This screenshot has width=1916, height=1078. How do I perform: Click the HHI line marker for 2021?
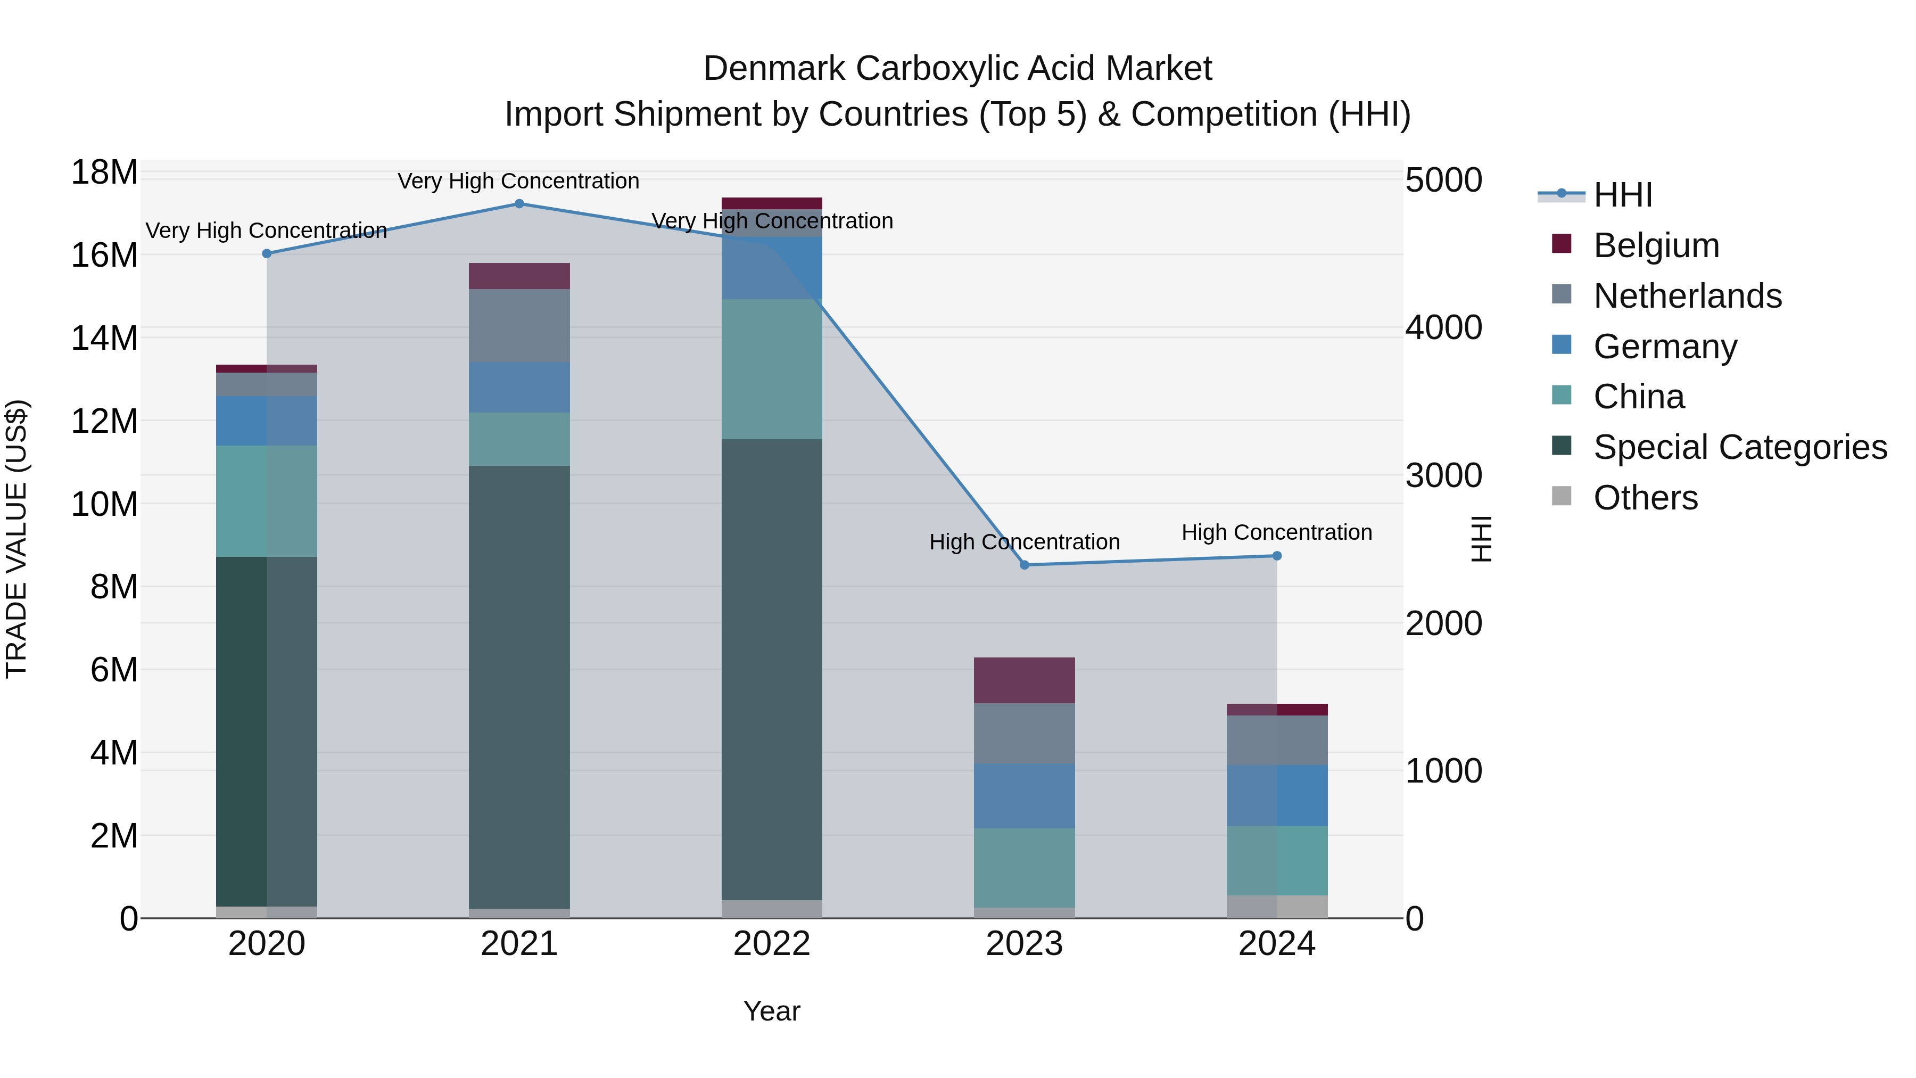[519, 204]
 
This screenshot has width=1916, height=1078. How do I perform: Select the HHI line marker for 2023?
[1024, 565]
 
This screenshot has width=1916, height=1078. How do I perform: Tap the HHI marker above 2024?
[1277, 556]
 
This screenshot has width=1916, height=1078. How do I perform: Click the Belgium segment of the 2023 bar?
[1024, 680]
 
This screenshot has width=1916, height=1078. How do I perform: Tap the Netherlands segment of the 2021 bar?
[519, 325]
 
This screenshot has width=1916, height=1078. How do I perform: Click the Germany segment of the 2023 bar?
[1024, 795]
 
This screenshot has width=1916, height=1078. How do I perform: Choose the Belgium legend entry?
[1656, 245]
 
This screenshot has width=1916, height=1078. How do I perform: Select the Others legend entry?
[1645, 498]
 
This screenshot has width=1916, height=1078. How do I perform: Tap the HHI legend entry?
[1622, 195]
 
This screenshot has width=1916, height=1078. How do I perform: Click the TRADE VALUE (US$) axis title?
[16, 539]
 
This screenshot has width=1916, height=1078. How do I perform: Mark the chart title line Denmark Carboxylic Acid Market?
[957, 69]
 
